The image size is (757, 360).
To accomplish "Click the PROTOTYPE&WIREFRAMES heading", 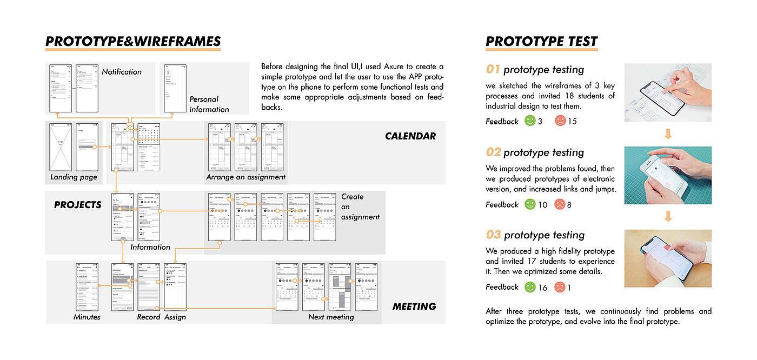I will click(133, 42).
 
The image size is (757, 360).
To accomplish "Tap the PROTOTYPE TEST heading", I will click(542, 42).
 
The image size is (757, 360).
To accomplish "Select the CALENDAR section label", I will click(410, 136).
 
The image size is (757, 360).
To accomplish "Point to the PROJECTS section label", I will click(77, 205).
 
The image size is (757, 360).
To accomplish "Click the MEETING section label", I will click(414, 306).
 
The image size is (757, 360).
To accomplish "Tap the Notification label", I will click(122, 72).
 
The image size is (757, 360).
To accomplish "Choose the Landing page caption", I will click(74, 177).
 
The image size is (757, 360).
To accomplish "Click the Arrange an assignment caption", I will click(246, 177).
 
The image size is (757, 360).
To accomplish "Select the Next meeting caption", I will click(331, 317).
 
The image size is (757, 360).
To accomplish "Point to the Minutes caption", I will click(87, 317).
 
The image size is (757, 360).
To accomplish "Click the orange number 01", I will click(493, 69).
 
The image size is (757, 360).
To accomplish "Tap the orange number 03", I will click(493, 235).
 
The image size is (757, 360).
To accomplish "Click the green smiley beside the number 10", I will click(529, 204).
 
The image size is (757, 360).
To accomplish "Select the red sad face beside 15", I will click(560, 121).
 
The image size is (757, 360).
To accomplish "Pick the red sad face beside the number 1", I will click(560, 287).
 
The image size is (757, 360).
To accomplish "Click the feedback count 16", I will click(542, 288).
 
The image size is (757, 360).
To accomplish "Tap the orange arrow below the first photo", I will click(668, 134).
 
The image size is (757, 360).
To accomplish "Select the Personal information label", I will click(209, 104).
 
